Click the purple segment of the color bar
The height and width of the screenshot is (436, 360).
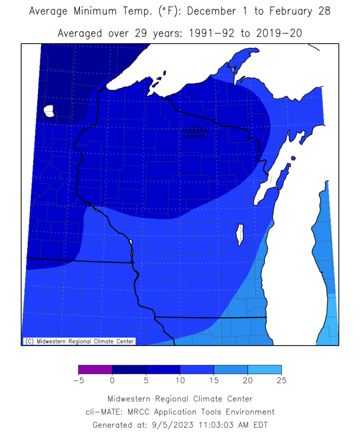point(95,370)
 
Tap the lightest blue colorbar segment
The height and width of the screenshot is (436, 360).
point(264,370)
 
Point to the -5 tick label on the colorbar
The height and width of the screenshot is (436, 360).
point(78,381)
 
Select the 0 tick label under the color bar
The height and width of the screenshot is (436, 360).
point(112,381)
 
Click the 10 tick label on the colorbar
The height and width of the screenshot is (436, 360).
point(180,381)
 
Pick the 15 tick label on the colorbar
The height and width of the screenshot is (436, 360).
point(214,381)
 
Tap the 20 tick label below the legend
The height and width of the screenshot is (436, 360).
point(247,381)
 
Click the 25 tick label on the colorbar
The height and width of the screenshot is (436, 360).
point(281,381)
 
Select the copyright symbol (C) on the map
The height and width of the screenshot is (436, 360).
point(29,341)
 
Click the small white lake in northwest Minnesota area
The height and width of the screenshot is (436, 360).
point(49,111)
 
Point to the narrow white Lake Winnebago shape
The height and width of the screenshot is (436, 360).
point(240,235)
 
